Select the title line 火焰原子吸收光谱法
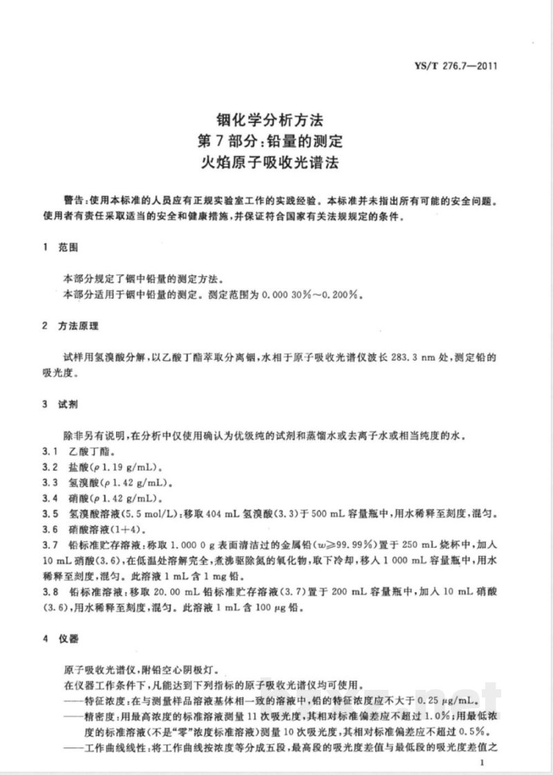pos(276,165)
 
